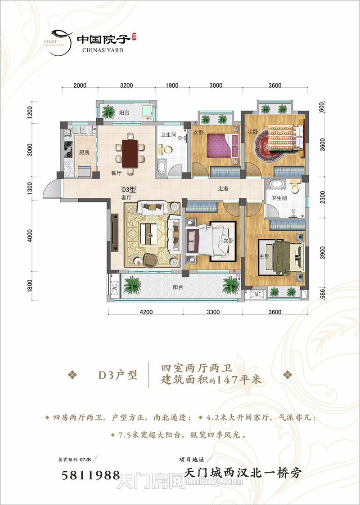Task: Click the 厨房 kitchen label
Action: (x=84, y=152)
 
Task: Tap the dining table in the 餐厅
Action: (x=130, y=152)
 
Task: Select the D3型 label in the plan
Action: (x=129, y=190)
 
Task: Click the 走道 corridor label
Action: (x=223, y=189)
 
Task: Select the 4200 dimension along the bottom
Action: (x=146, y=312)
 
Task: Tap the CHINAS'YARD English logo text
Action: (x=103, y=50)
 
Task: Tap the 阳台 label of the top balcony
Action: (x=125, y=113)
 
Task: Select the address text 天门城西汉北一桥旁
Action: (x=243, y=474)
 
